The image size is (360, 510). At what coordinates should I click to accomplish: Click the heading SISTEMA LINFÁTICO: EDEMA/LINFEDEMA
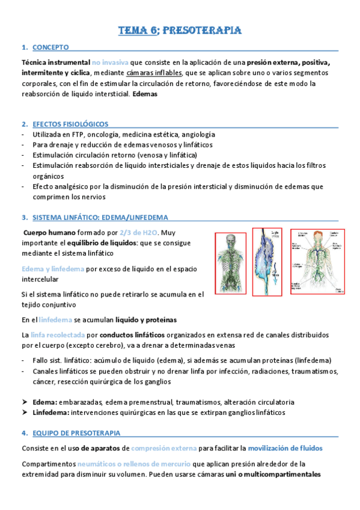click(100, 217)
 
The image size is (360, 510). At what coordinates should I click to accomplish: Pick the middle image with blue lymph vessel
click(267, 262)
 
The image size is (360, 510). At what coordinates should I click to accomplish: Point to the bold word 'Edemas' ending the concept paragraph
click(145, 94)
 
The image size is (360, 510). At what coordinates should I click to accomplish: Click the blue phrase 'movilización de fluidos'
click(285, 448)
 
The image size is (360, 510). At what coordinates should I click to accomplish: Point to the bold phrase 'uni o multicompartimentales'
click(275, 474)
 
